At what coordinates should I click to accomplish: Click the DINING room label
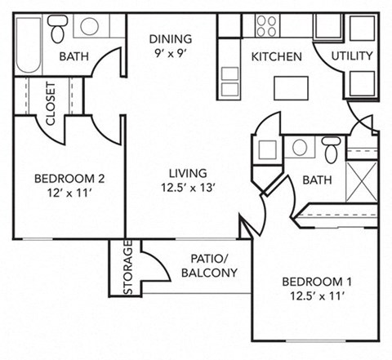[171, 38]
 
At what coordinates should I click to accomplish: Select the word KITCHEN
[276, 57]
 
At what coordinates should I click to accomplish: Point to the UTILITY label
[353, 56]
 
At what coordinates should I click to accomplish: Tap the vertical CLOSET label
[50, 103]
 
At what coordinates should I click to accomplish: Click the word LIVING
[188, 174]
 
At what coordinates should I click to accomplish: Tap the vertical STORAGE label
[127, 268]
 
